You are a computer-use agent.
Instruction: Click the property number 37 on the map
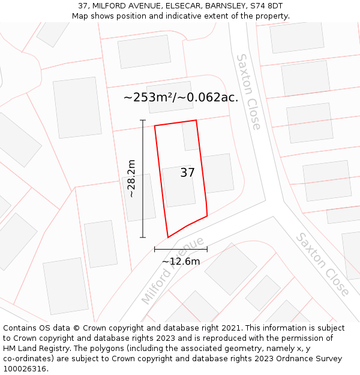tap(187, 173)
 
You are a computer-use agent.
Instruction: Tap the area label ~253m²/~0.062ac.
tap(181, 97)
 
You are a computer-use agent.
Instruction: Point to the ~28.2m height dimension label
tap(131, 178)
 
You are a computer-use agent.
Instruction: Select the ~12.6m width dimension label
tap(181, 261)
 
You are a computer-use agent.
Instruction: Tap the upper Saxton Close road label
tap(248, 92)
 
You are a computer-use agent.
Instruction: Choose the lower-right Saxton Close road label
tap(322, 265)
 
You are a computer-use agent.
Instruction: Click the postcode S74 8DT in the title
tap(267, 6)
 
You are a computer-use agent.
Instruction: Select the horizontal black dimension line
tap(181, 248)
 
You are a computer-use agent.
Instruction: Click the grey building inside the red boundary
tap(179, 187)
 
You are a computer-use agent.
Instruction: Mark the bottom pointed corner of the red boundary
tap(168, 237)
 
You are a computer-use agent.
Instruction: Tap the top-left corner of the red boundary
tap(155, 126)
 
